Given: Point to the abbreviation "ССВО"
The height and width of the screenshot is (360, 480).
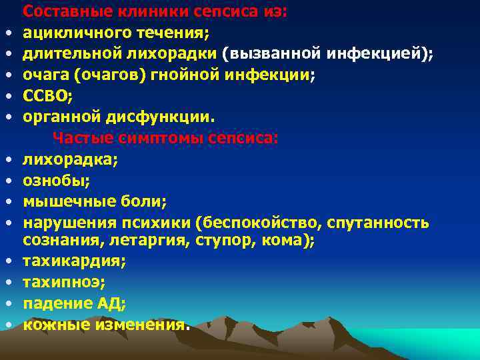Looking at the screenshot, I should (45, 97).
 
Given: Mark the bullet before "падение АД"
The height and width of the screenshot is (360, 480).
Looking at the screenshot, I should (12, 305).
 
